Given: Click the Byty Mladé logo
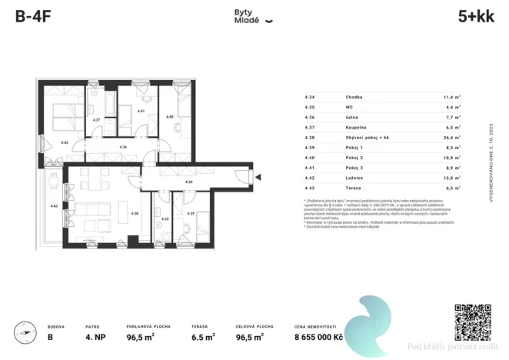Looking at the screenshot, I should point(253,17).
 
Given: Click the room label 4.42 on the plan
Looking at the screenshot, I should point(65,142).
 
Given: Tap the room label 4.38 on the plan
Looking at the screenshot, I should point(134,213).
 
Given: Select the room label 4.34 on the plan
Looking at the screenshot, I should point(189,182).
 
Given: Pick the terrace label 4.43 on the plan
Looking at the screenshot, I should point(54,205).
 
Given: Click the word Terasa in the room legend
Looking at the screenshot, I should point(354,187).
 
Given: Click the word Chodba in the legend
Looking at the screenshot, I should point(354,97).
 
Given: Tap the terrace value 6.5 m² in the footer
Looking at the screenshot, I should point(201,336).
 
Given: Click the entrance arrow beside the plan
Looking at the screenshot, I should point(259,179).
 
